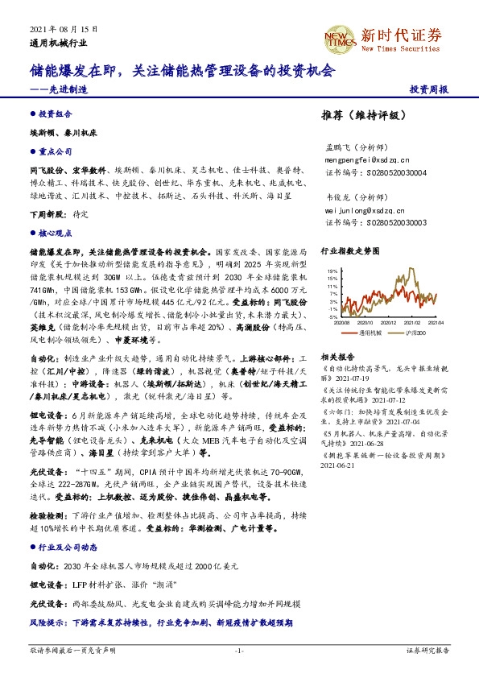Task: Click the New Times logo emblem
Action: pos(337,35)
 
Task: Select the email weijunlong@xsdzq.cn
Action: pos(363,209)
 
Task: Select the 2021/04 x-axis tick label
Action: pos(436,322)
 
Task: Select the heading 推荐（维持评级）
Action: pos(358,115)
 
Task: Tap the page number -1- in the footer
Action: pos(239,648)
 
